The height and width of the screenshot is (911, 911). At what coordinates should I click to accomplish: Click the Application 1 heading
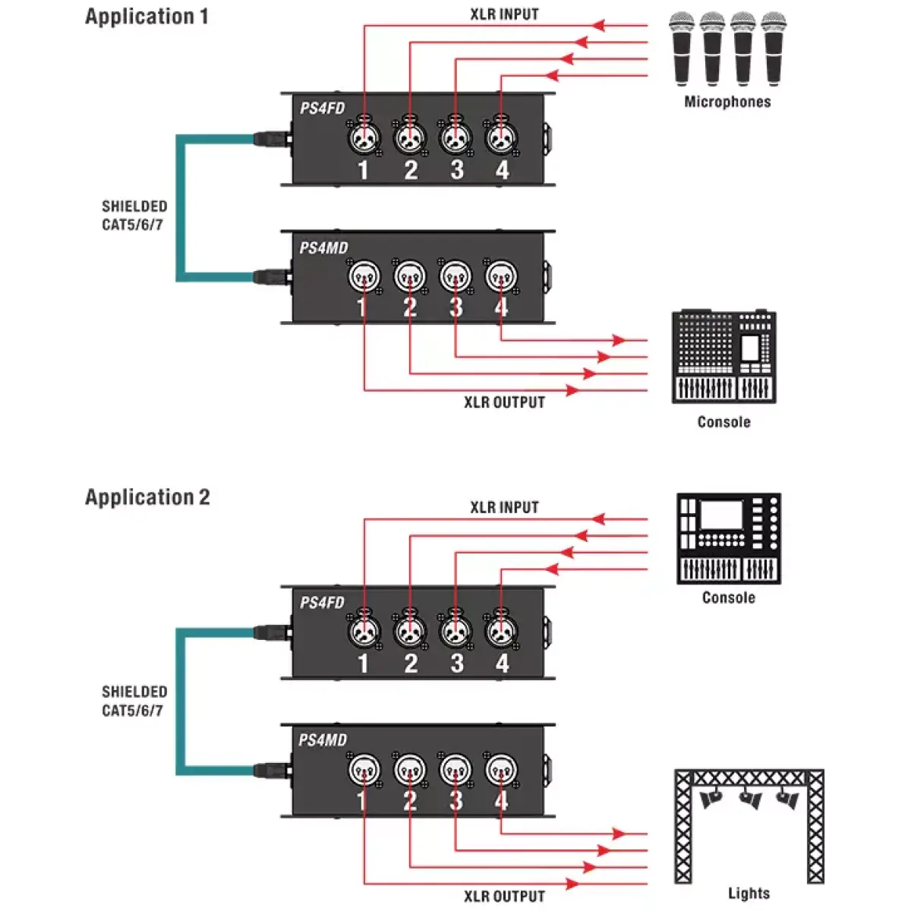click(x=147, y=17)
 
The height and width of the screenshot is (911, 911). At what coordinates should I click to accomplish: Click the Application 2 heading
click(x=147, y=497)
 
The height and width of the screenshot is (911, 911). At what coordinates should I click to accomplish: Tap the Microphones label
click(x=727, y=102)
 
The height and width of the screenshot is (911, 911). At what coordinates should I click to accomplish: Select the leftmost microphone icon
click(x=682, y=49)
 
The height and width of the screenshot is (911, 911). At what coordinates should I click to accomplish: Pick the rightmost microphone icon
click(x=773, y=49)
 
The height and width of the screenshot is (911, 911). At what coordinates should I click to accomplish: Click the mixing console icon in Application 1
click(x=724, y=357)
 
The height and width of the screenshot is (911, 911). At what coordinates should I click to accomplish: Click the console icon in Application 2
click(x=729, y=538)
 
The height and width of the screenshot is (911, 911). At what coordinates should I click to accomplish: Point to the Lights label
click(x=749, y=894)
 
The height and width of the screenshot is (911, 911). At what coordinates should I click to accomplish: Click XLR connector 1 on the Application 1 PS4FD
click(x=364, y=138)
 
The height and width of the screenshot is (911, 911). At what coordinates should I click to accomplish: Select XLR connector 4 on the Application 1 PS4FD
click(x=501, y=138)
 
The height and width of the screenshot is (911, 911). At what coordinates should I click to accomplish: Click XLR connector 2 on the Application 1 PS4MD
click(x=410, y=277)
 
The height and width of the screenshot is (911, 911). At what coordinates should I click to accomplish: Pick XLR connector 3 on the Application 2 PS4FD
click(x=455, y=631)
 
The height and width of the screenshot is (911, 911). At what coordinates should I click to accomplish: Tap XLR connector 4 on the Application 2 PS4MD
click(x=501, y=770)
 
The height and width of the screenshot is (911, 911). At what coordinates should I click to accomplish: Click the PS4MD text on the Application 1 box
click(x=323, y=248)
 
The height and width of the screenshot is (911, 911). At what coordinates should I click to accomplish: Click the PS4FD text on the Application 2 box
click(x=322, y=603)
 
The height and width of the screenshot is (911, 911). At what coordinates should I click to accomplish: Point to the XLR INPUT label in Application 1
click(x=504, y=14)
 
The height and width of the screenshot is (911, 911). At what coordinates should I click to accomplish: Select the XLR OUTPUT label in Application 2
click(x=504, y=897)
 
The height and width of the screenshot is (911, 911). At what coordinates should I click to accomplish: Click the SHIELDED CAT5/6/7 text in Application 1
click(x=134, y=216)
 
